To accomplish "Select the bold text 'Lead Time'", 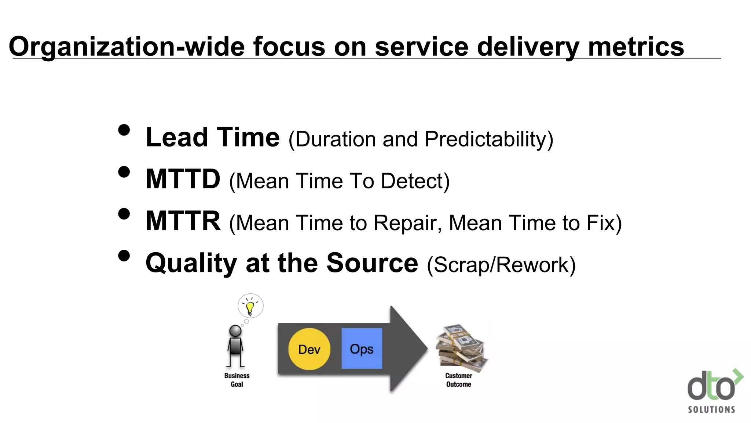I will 213,137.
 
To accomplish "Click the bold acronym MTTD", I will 183,179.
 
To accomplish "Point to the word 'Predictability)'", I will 489,140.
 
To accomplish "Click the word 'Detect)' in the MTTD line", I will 415,181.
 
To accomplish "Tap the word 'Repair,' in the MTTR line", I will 407,223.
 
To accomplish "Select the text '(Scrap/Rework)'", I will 501,265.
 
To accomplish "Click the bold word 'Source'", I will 372,263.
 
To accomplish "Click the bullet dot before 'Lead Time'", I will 124,130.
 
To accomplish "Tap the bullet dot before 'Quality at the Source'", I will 124,256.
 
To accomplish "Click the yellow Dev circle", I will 309,349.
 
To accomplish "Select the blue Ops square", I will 362,348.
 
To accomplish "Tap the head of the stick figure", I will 235,331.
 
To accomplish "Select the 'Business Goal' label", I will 237,380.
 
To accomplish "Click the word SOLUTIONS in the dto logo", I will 711,410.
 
